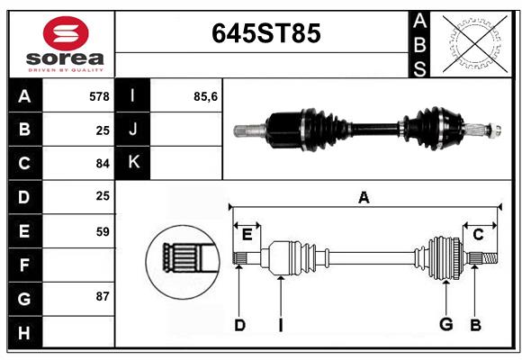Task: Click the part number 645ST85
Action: click(266, 33)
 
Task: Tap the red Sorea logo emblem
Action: click(66, 33)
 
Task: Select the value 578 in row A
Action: click(99, 96)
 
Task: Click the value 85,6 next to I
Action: click(205, 96)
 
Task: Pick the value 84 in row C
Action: click(103, 164)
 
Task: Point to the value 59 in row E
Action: click(103, 231)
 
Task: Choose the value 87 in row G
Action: click(103, 296)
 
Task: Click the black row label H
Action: click(25, 332)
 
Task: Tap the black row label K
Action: click(133, 163)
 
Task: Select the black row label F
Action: click(25, 265)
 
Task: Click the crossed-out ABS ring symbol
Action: click(475, 44)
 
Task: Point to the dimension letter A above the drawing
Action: click(364, 198)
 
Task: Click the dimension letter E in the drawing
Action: click(247, 235)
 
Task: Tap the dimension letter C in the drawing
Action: click(478, 235)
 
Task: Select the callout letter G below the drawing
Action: click(446, 324)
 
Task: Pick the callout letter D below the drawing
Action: click(239, 325)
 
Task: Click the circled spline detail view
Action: click(183, 262)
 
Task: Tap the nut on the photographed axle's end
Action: click(495, 130)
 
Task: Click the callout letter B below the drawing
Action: click(475, 325)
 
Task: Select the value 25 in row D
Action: click(103, 196)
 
